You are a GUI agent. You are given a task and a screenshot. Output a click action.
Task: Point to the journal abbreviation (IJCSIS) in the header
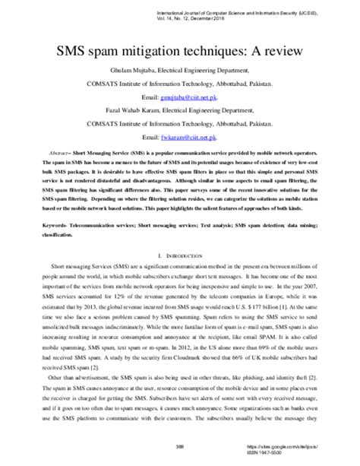pyautogui.click(x=332, y=11)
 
